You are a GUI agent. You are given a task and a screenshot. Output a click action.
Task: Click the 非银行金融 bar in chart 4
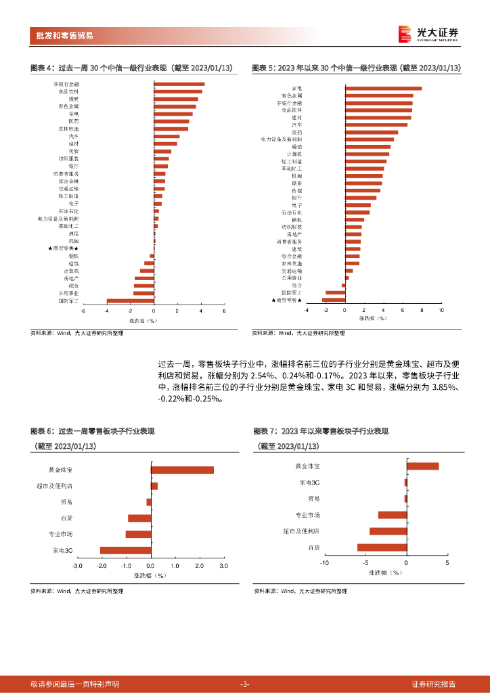(x=179, y=84)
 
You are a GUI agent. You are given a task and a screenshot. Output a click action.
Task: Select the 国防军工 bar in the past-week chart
(x=131, y=301)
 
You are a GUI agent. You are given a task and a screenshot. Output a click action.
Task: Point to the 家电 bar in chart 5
(x=383, y=88)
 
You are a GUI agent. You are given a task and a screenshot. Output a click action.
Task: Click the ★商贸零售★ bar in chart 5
(x=334, y=300)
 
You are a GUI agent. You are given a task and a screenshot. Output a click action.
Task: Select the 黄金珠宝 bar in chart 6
(x=182, y=470)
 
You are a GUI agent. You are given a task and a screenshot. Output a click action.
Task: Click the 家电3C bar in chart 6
(x=125, y=550)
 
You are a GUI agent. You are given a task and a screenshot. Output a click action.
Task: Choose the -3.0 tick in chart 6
(x=76, y=565)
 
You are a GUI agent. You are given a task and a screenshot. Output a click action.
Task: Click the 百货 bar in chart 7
(x=382, y=547)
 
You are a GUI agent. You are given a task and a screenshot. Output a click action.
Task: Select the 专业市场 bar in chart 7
(x=393, y=515)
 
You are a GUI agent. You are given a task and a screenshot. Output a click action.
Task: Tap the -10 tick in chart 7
(x=324, y=563)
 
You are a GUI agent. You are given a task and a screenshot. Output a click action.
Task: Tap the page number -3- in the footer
(x=245, y=684)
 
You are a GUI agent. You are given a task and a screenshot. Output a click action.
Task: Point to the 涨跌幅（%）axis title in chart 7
(x=384, y=573)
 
